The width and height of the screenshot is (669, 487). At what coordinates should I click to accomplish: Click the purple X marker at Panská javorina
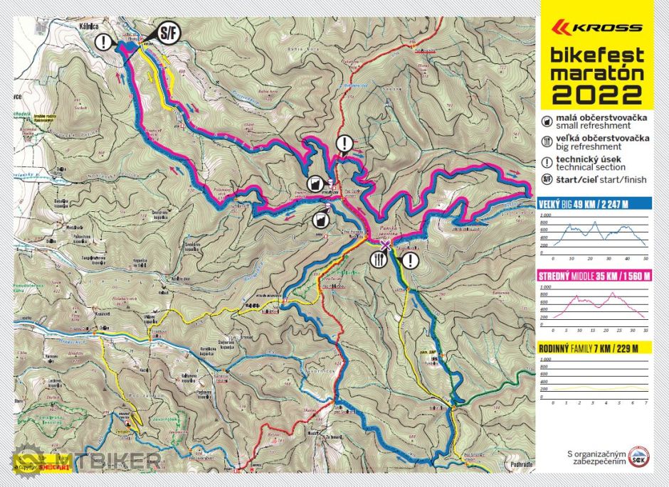point(385,246)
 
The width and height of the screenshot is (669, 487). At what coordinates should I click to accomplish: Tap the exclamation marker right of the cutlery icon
point(410,260)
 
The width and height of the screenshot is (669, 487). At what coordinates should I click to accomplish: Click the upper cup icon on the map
point(314,184)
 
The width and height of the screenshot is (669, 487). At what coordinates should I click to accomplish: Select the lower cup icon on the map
point(322,220)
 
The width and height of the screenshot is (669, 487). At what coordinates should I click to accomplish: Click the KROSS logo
point(598,28)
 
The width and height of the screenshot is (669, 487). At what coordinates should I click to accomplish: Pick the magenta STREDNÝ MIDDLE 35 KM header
point(595,277)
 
